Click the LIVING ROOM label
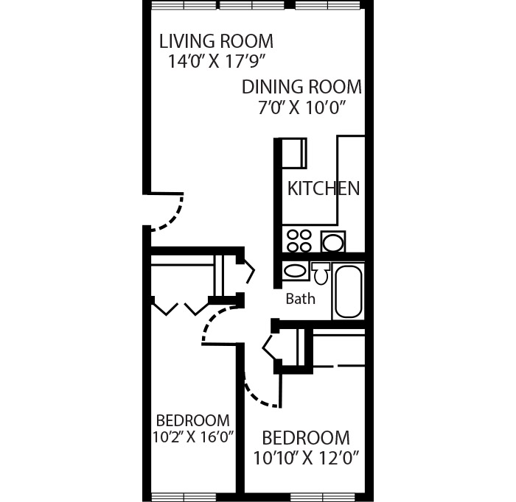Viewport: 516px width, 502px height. pyautogui.click(x=216, y=41)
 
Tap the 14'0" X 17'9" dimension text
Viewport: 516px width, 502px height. pyautogui.click(x=216, y=62)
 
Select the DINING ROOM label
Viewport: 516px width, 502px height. pyautogui.click(x=301, y=88)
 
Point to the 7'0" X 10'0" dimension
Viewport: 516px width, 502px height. pyautogui.click(x=301, y=108)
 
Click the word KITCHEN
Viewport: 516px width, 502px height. pyautogui.click(x=324, y=188)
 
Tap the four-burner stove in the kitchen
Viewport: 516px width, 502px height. pyautogui.click(x=299, y=241)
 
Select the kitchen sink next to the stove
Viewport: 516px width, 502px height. pyautogui.click(x=334, y=241)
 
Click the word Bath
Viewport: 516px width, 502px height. pyautogui.click(x=300, y=299)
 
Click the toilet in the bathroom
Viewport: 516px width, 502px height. pyautogui.click(x=320, y=274)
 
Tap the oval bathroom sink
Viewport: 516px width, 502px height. pyautogui.click(x=296, y=271)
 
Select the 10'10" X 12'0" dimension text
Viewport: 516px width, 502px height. pyautogui.click(x=305, y=459)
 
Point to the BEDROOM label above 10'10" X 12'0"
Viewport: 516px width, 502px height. pyautogui.click(x=305, y=437)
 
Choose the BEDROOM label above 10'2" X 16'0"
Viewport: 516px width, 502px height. pyautogui.click(x=192, y=420)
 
